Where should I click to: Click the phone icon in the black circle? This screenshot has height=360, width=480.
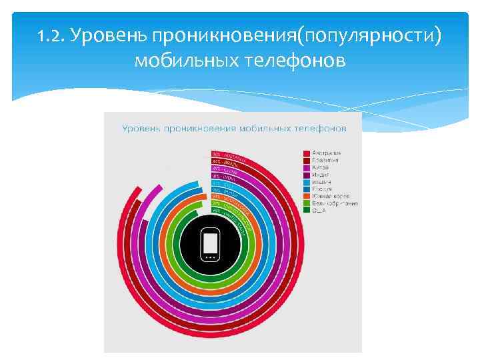(210, 245)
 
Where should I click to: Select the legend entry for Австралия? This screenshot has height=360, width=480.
(326, 153)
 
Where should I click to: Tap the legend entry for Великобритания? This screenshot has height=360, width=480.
(335, 203)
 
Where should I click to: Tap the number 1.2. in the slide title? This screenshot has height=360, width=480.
(54, 35)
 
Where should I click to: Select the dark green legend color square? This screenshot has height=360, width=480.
(306, 211)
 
